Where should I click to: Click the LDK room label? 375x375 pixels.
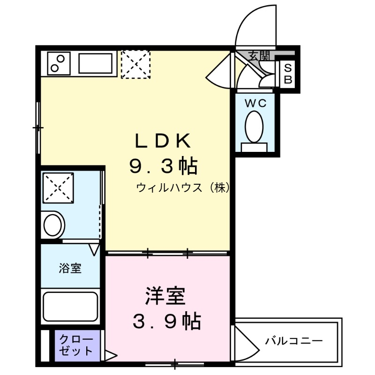tap(162, 140)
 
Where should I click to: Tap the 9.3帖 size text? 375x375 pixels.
tap(162, 165)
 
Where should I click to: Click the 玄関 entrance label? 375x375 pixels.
tap(258, 56)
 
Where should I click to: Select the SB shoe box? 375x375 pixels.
tap(288, 73)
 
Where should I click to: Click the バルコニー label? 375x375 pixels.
tap(294, 341)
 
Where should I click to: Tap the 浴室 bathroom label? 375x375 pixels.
tap(70, 268)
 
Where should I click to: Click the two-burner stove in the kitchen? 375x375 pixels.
tap(58, 63)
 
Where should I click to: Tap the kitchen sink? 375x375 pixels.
tap(95, 63)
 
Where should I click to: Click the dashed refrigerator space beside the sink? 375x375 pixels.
tap(135, 64)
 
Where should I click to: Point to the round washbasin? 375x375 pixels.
tap(53, 225)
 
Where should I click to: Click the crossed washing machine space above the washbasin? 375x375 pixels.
tap(58, 188)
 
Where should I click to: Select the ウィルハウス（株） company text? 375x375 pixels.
tap(183, 188)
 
